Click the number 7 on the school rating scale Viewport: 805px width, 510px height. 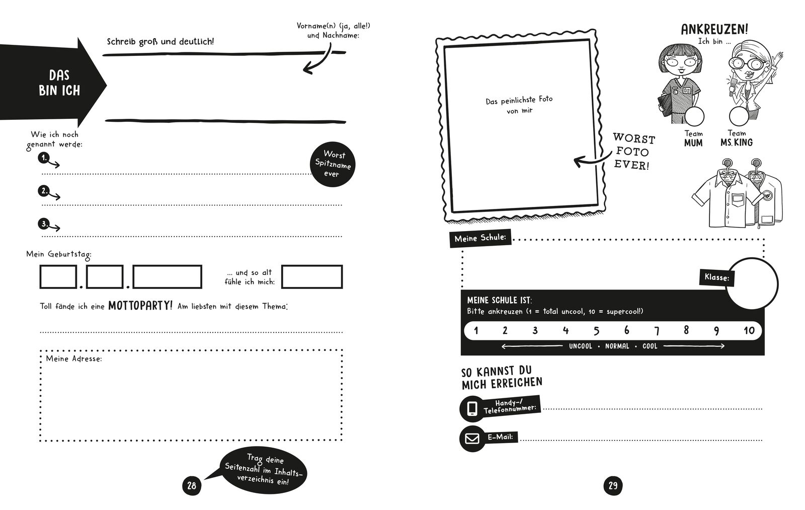point(657,331)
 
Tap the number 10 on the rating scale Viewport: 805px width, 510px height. point(749,331)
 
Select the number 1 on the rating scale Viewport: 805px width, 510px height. point(476,331)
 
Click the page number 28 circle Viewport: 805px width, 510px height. point(191,486)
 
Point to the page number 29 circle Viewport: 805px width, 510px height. point(612,486)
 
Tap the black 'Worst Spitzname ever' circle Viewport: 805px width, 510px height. point(332,164)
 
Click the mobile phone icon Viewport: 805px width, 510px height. point(472,408)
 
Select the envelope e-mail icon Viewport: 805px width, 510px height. point(472,439)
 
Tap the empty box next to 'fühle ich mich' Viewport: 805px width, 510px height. point(312,277)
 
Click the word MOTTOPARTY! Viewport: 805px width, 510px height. point(140,305)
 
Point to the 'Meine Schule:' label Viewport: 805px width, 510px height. point(480,238)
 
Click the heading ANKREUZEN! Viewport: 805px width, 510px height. point(714,29)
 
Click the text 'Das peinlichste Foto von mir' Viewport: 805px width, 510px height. point(519,105)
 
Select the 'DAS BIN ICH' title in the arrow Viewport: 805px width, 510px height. point(59,83)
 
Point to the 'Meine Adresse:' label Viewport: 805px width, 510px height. point(74,359)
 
